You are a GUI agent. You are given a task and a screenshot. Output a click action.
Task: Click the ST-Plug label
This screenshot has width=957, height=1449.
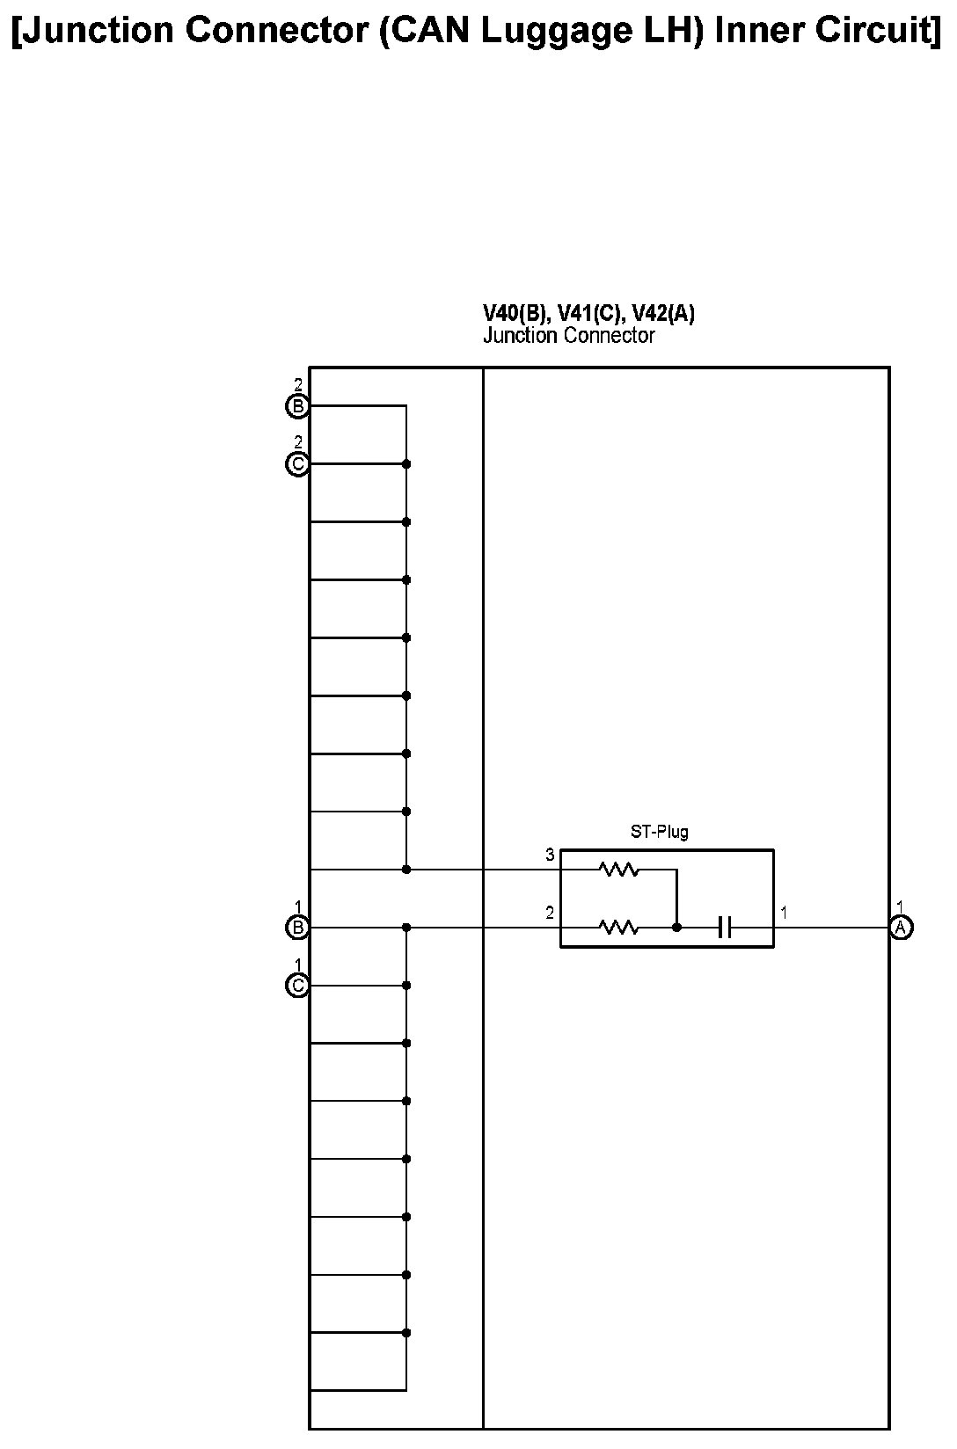coord(659,832)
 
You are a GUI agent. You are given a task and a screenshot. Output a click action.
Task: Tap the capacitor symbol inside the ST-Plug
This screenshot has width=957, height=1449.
coord(725,927)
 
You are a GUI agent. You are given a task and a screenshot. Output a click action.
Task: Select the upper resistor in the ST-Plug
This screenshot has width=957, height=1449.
coord(618,870)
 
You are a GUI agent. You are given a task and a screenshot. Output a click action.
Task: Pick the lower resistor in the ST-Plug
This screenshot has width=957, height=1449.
coord(618,927)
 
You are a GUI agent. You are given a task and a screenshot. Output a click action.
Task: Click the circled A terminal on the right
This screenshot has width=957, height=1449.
coord(900,927)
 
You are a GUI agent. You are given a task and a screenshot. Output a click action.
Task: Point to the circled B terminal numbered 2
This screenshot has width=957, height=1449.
coord(298,406)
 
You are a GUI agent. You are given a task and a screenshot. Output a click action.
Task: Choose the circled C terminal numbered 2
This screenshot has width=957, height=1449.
coord(298,463)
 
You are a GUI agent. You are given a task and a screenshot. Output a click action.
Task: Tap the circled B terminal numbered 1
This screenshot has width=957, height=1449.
coord(298,927)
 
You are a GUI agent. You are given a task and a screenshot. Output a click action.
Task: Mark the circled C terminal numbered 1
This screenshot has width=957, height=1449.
coord(298,986)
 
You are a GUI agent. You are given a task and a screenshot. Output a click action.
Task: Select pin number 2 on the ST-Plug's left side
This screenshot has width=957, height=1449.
coord(550,914)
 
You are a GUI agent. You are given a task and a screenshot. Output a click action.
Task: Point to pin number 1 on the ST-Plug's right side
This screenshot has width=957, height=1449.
coord(784,914)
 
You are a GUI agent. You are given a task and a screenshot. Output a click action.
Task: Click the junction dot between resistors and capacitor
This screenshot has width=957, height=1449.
coord(676,927)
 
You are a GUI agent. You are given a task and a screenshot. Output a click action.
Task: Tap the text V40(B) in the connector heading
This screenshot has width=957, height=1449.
coord(516,314)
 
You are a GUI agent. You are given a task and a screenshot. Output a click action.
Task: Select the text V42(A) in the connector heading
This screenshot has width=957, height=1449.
coord(663,314)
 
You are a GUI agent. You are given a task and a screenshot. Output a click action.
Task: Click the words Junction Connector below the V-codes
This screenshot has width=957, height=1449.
coord(568,335)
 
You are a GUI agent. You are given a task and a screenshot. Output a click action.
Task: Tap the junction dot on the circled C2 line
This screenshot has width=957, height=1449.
coord(406,463)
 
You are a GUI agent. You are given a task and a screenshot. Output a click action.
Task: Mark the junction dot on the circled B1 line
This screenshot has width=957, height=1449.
coord(406,927)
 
